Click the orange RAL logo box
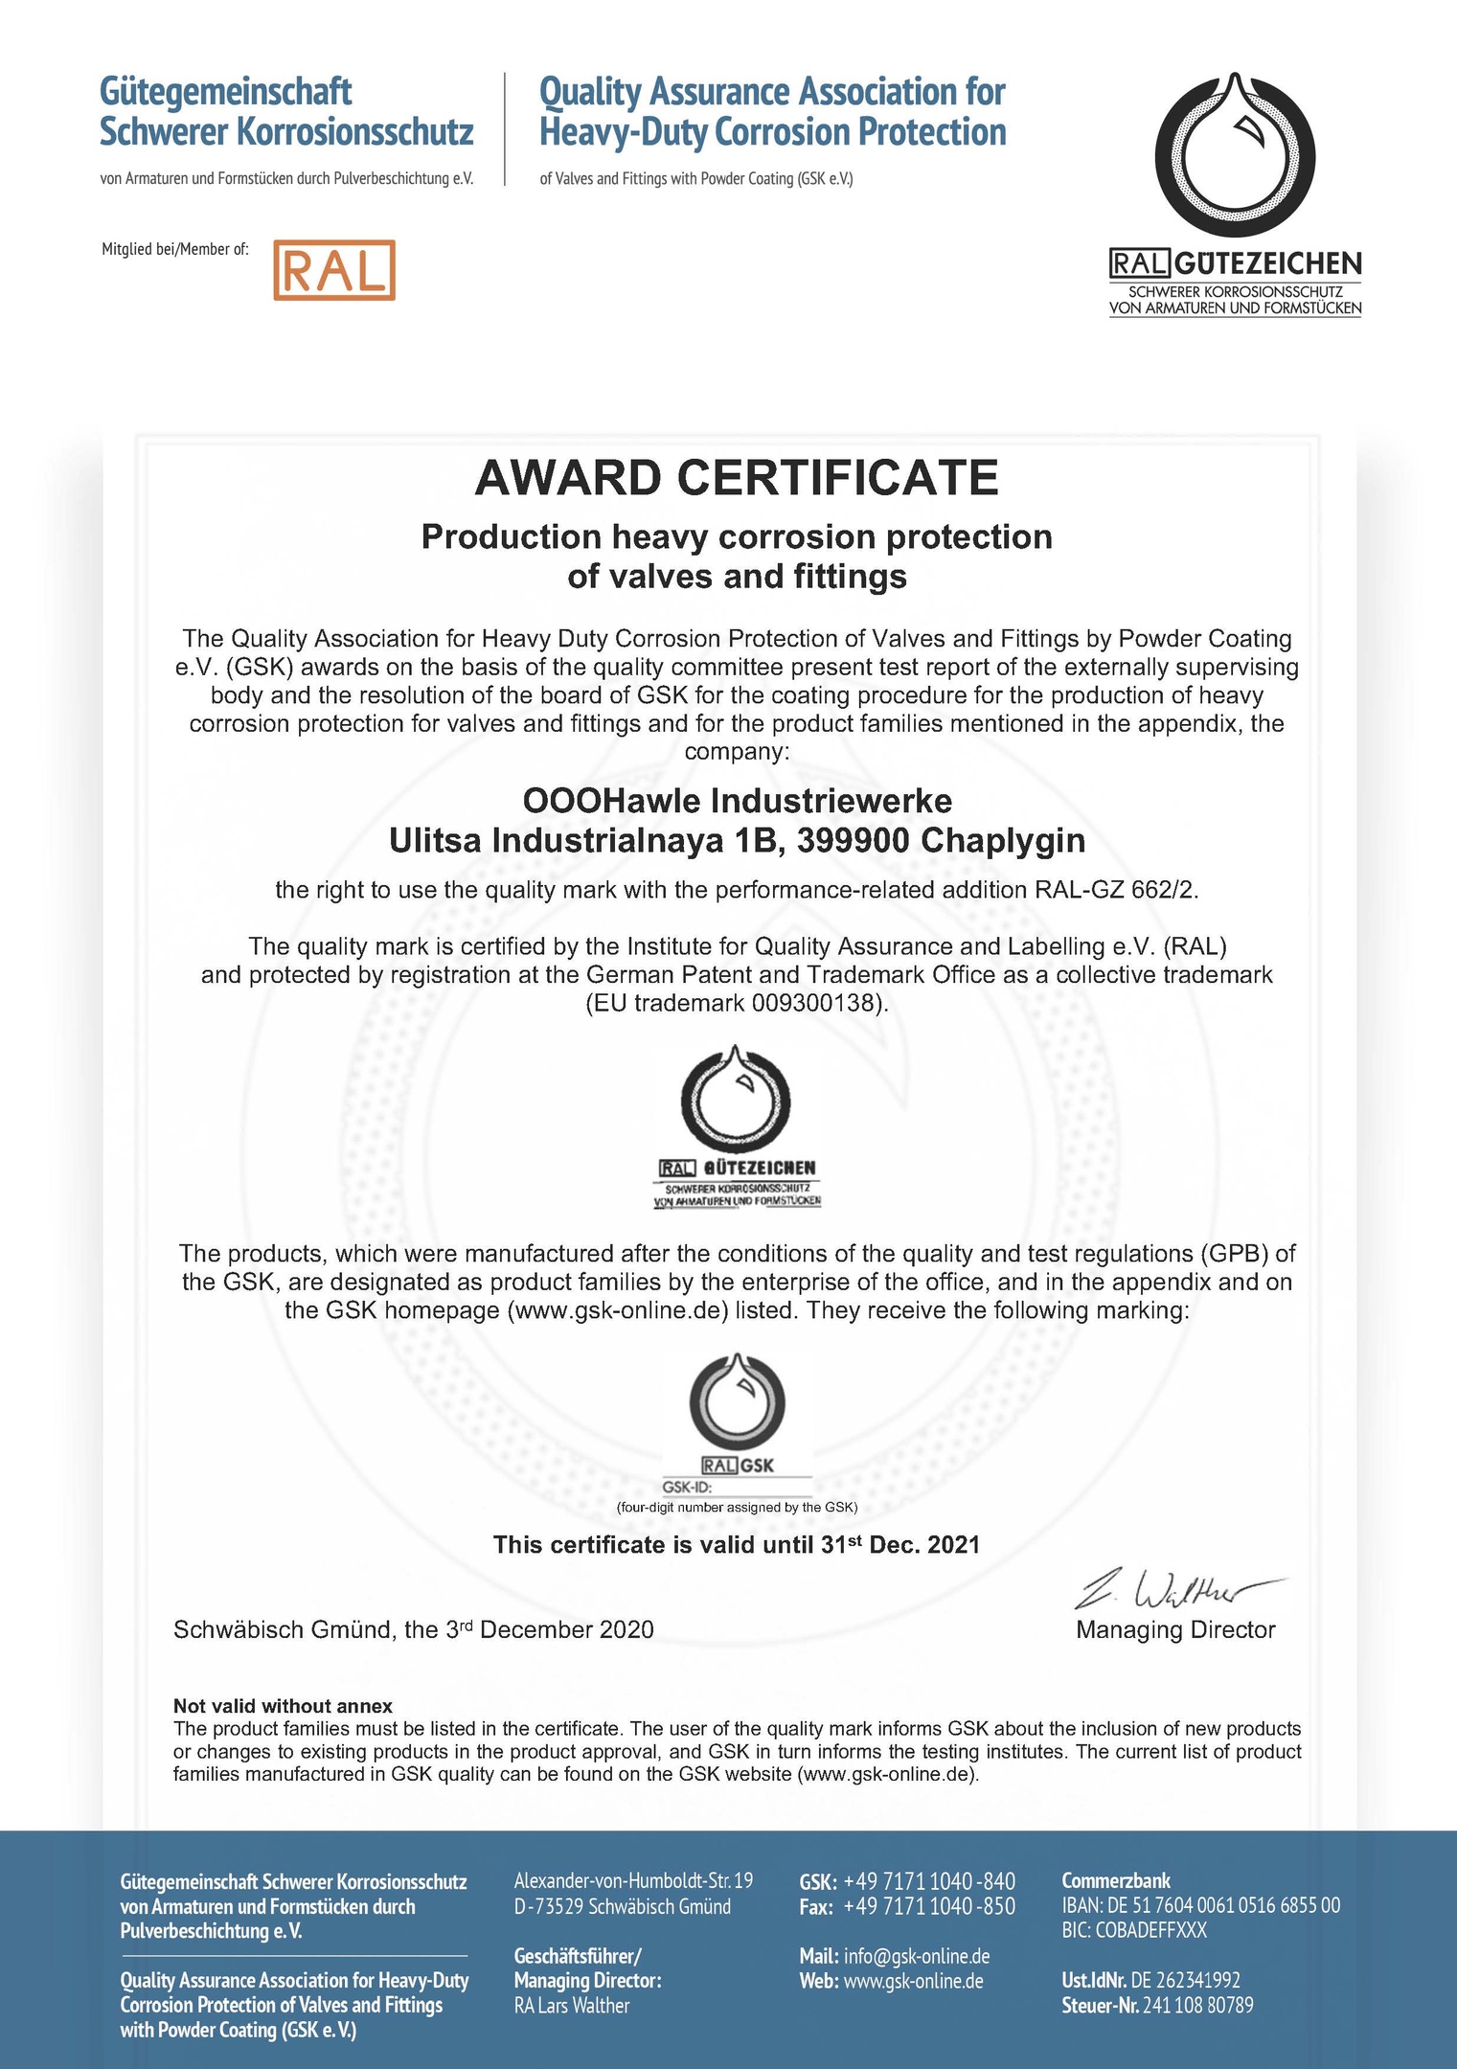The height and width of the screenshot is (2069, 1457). click(x=333, y=270)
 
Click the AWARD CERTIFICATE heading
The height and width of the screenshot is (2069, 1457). click(x=737, y=478)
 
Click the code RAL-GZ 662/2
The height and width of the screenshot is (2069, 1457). click(x=1115, y=890)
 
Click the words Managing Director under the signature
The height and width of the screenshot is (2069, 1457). click(x=1175, y=1630)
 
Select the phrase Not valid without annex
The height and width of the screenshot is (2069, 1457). click(x=283, y=1706)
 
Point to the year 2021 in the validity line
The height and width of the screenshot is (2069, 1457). click(x=953, y=1545)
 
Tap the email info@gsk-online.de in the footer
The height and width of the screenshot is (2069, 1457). click(x=916, y=1956)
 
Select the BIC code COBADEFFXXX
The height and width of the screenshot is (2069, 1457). click(x=1158, y=1930)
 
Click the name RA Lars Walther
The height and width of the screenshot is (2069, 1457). click(x=572, y=2006)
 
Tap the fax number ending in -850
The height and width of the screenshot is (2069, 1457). click(x=928, y=1906)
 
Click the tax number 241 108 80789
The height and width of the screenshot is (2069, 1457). click(x=1197, y=2006)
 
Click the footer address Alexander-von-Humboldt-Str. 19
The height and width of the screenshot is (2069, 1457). click(x=633, y=1881)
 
